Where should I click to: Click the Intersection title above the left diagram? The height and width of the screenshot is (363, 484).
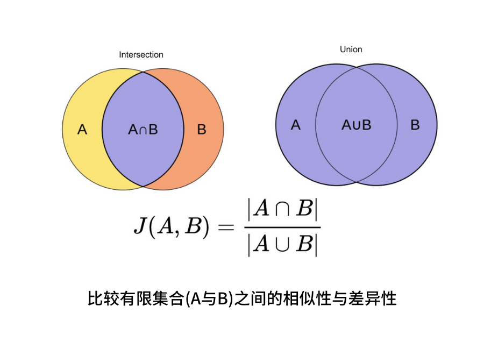141,55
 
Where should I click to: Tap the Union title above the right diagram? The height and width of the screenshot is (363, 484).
351,49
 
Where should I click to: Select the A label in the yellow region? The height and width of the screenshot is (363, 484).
82,130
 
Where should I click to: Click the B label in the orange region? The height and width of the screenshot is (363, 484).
202,130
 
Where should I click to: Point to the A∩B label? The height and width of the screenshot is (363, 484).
143,130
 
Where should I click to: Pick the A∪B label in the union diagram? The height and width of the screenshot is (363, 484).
357,125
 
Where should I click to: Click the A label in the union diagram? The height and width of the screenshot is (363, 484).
295,125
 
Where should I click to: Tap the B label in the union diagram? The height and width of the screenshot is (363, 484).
415,125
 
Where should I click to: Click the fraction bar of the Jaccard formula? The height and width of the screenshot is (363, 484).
283,227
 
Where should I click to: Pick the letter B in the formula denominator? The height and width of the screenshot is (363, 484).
304,245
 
